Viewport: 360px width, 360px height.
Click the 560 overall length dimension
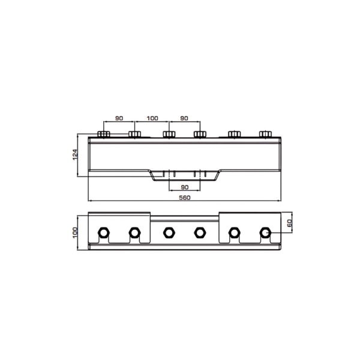pyautogui.click(x=185, y=197)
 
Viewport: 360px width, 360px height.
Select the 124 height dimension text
pyautogui.click(x=75, y=155)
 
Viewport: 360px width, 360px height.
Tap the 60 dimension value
pyautogui.click(x=290, y=223)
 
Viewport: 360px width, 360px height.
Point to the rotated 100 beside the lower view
pyautogui.click(x=75, y=233)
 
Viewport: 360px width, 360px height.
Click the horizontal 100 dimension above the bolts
pyautogui.click(x=152, y=118)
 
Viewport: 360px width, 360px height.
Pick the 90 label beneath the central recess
pyautogui.click(x=185, y=187)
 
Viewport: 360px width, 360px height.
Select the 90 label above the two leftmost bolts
pyautogui.click(x=119, y=118)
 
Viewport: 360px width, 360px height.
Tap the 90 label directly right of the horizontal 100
pyautogui.click(x=184, y=118)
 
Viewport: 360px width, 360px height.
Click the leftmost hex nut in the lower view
pyautogui.click(x=104, y=233)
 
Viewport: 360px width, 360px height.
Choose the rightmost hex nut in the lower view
pyautogui.click(x=265, y=233)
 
